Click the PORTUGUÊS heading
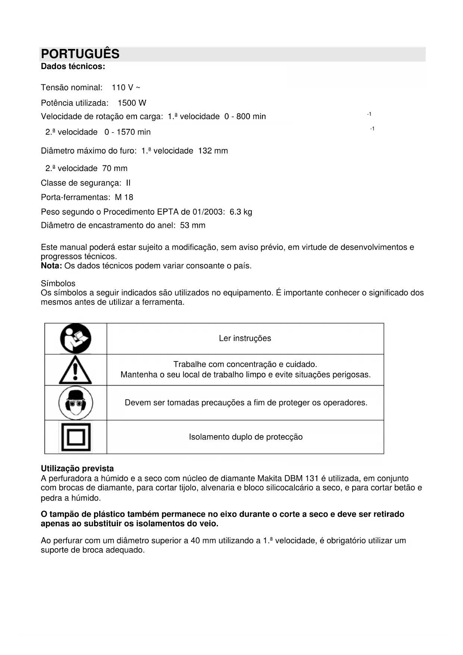tap(80, 54)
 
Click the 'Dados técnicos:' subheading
tap(73, 66)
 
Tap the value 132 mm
tap(213, 151)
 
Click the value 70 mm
tap(115, 168)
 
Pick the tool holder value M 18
tap(124, 198)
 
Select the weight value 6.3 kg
tap(241, 212)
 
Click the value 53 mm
tap(193, 226)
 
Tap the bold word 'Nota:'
tap(51, 266)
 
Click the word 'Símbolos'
tap(58, 283)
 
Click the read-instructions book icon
tap(76, 339)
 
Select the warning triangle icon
tap(75, 370)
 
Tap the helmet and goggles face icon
tap(76, 403)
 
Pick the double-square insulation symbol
tap(76, 437)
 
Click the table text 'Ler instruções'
tap(245, 338)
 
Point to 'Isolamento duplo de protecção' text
tap(245, 437)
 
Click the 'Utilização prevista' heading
tap(77, 469)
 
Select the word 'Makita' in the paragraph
tap(270, 478)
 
